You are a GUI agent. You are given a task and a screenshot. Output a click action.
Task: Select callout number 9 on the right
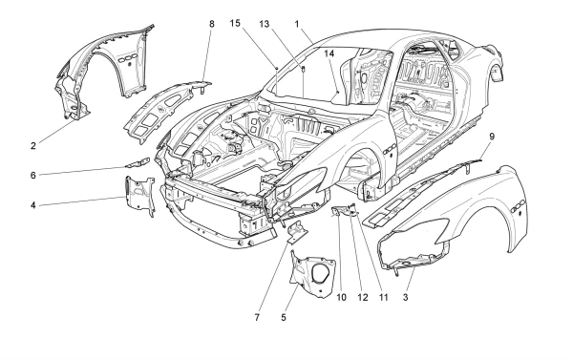(x=490, y=137)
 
